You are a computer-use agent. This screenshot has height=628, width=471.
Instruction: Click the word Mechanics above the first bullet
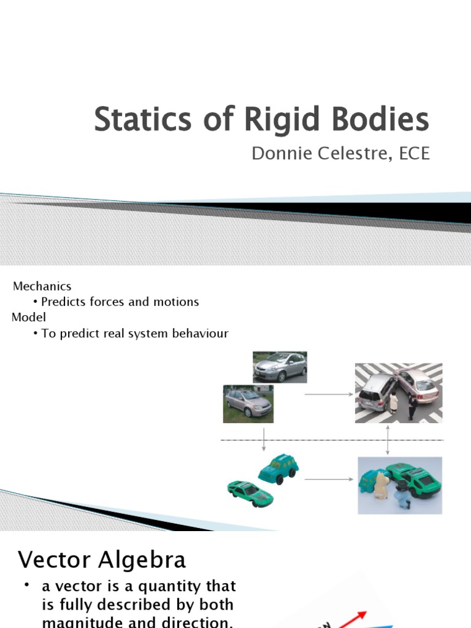pos(42,286)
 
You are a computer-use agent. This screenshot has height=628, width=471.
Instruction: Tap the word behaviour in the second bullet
pos(196,334)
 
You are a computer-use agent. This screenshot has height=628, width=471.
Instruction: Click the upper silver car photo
pos(280,367)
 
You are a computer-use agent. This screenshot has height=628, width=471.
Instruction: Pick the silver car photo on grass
pos(248,404)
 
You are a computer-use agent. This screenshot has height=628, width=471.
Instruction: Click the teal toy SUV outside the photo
pos(278,469)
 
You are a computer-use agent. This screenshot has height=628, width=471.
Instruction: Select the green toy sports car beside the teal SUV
pos(250,492)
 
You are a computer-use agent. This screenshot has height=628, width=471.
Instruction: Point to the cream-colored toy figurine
pos(381,486)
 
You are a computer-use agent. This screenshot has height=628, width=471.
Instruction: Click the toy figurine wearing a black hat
pos(402,494)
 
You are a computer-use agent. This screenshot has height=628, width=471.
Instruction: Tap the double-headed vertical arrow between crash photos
pos(388,440)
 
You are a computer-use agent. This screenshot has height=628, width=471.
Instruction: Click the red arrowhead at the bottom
pos(362,615)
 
